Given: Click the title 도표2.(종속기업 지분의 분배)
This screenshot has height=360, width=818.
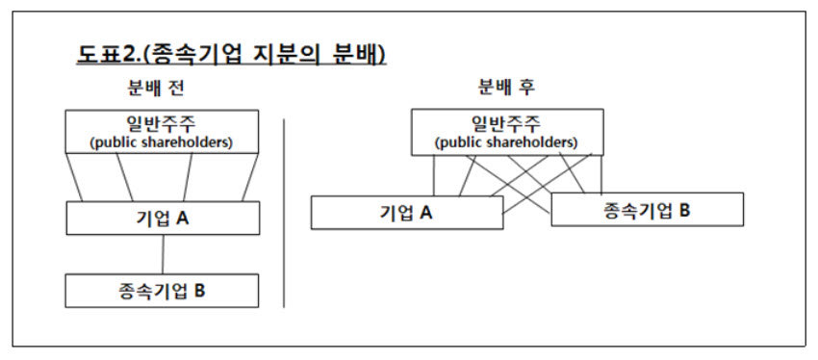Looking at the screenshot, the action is coord(231,55).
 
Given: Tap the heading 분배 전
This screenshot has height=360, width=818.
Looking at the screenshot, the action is coord(156,89).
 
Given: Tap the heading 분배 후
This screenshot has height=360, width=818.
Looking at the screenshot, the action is coord(506,88).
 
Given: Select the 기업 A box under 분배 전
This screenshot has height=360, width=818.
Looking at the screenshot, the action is coord(163,219).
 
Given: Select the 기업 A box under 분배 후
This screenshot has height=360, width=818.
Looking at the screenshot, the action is coord(407,213).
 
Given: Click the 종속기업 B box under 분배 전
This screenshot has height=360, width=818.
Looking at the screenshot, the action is coord(162,291).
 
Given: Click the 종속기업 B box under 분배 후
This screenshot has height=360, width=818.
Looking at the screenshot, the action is coord(648,209).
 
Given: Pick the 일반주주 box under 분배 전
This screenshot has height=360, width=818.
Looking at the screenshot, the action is coord(162,131).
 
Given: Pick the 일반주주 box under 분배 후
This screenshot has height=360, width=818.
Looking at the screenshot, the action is coord(507,132).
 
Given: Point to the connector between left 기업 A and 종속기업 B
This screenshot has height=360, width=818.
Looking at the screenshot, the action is coord(164,255).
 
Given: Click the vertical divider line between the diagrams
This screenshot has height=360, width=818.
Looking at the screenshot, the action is coord(284,214).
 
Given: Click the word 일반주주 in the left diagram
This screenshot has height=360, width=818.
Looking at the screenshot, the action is coord(162,124).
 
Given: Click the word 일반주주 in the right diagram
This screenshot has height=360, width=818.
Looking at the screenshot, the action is coord(506,124).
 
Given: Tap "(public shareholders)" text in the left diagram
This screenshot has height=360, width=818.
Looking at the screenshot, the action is coord(162,143).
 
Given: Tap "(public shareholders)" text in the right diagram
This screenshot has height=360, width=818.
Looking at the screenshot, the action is coord(506,143).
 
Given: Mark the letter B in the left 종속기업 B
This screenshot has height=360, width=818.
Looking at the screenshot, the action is coord(199,291).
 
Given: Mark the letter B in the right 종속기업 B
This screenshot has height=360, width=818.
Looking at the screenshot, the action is coord(684,210).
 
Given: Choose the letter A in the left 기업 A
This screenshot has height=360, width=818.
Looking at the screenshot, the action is coord(182,219).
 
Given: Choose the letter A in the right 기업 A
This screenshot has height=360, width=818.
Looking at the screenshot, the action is coord(425,213).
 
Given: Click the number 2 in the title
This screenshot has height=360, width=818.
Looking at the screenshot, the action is coord(128,55).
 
